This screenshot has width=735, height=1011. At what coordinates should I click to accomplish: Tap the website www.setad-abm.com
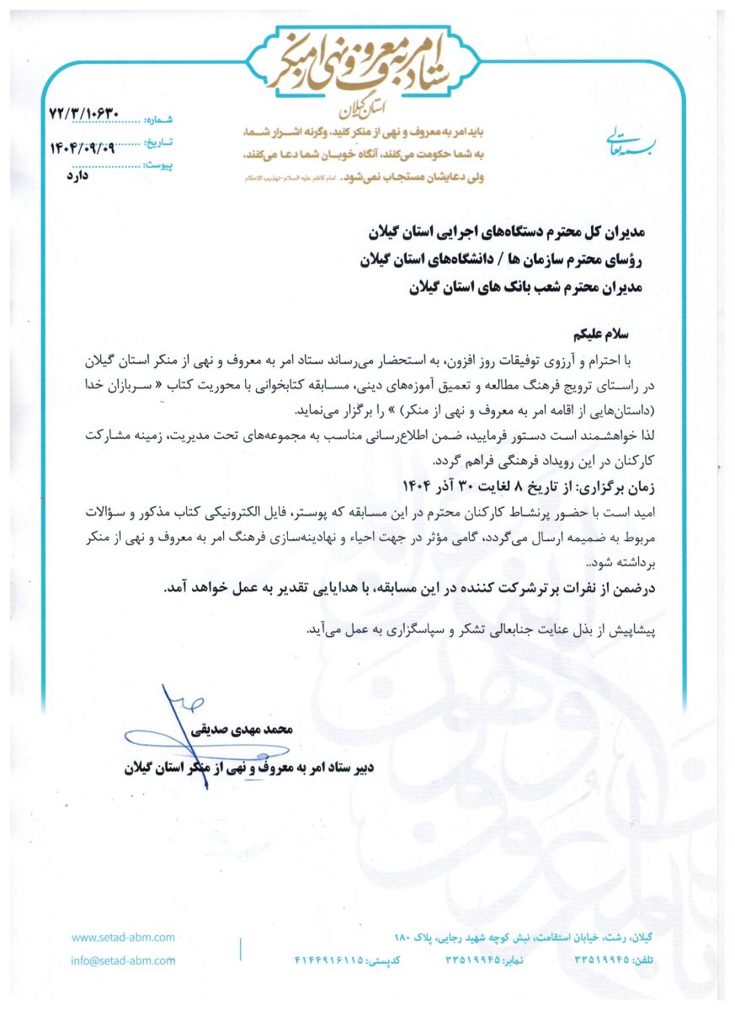123,937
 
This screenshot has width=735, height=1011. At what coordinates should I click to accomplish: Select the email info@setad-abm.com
123,960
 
